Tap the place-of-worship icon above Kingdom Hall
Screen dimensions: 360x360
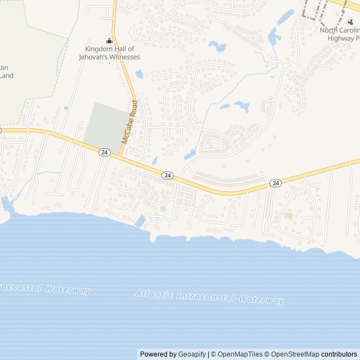[x=109, y=40]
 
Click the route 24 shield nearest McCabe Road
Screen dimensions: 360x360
[x=104, y=152]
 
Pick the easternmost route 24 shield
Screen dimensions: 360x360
[x=275, y=183]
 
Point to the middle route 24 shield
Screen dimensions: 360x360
[x=167, y=175]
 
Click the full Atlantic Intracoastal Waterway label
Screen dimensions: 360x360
[x=210, y=297]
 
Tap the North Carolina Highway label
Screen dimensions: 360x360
[x=340, y=34]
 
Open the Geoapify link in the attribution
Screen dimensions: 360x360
[x=192, y=354]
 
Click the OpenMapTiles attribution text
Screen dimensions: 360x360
[x=240, y=354]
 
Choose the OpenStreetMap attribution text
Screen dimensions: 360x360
[x=292, y=354]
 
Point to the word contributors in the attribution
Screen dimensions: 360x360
[x=339, y=354]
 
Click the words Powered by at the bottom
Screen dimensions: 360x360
[x=158, y=354]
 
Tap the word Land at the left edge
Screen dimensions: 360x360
[x=6, y=75]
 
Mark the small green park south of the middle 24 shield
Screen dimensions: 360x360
[x=163, y=209]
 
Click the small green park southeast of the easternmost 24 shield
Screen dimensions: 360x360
[x=289, y=216]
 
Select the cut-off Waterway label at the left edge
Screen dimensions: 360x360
[x=45, y=289]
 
